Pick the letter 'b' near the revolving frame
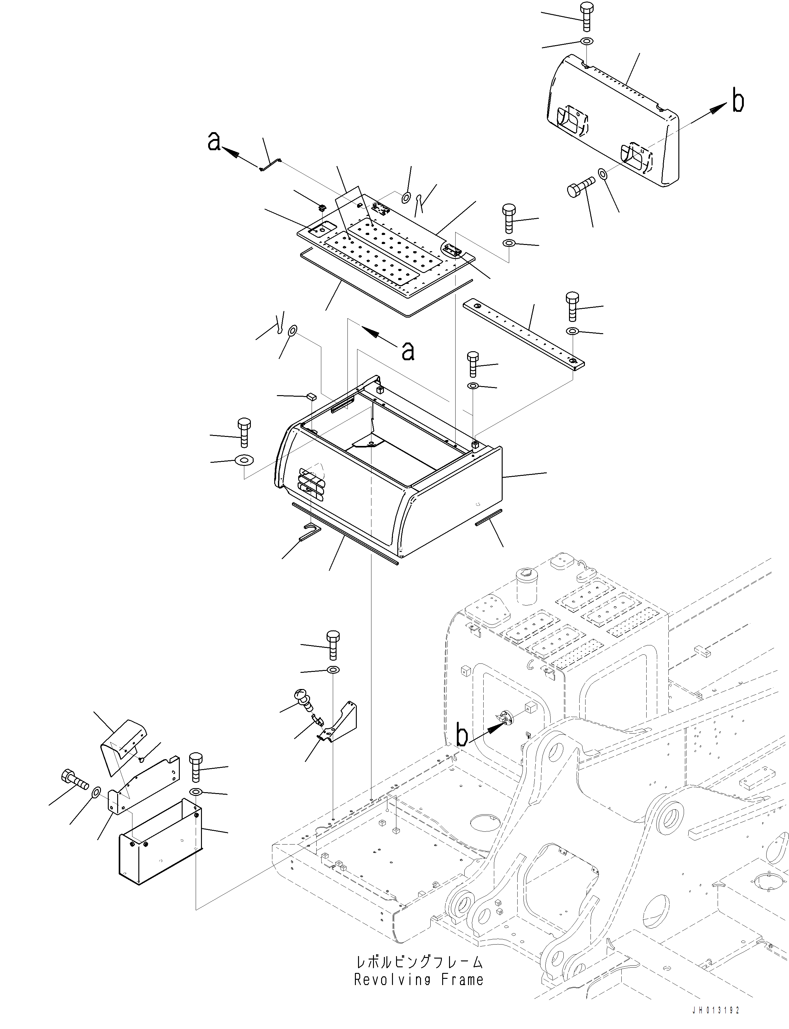pyautogui.click(x=462, y=736)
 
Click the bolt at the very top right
pyautogui.click(x=586, y=17)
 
